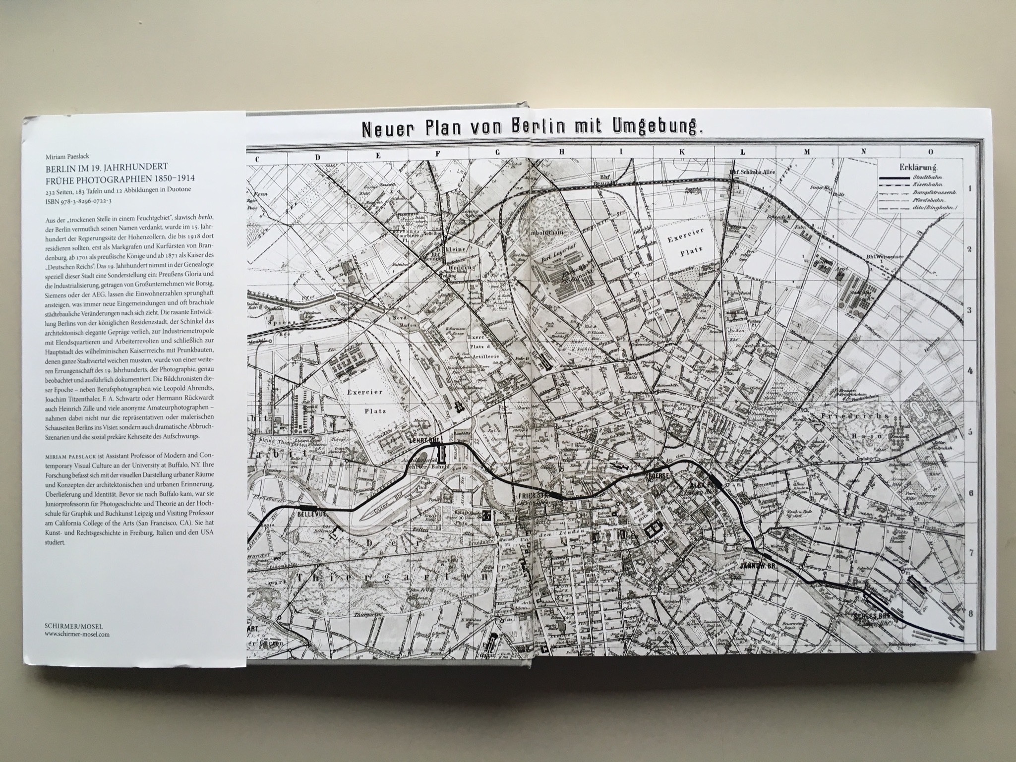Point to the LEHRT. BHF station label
[424, 439]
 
